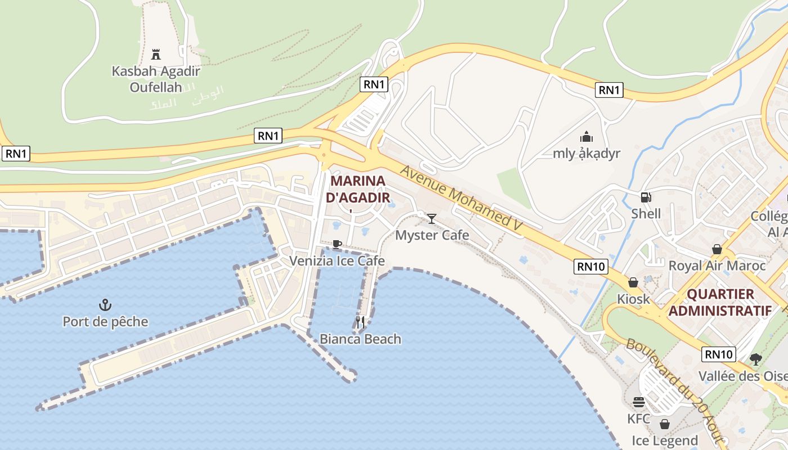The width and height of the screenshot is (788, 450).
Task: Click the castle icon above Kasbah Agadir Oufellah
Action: [156, 55]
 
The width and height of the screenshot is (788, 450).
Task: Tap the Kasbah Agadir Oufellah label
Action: [156, 79]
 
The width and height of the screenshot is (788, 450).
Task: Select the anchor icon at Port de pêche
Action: [105, 305]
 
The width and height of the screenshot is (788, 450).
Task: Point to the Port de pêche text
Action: [105, 322]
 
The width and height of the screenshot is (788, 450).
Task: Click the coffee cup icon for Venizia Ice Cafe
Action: [337, 244]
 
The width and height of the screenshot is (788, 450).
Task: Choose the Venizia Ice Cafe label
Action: [337, 260]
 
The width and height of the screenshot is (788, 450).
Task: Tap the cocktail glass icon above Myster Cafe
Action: [432, 218]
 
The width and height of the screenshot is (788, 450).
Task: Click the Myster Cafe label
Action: [432, 235]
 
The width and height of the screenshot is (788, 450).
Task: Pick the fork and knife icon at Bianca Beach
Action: [360, 322]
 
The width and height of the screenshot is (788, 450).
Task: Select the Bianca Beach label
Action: [360, 339]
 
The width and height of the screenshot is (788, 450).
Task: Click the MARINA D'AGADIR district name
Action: [358, 190]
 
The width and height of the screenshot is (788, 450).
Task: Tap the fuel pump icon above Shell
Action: [646, 197]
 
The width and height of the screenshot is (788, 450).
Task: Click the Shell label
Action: [646, 214]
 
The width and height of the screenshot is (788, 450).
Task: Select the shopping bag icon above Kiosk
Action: [633, 282]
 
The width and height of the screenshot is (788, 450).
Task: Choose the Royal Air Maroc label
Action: [717, 265]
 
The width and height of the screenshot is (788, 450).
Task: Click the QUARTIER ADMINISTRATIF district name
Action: [720, 303]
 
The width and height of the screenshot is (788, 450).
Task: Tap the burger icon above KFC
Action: [639, 402]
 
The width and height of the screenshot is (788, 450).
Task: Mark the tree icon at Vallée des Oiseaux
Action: [756, 359]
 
